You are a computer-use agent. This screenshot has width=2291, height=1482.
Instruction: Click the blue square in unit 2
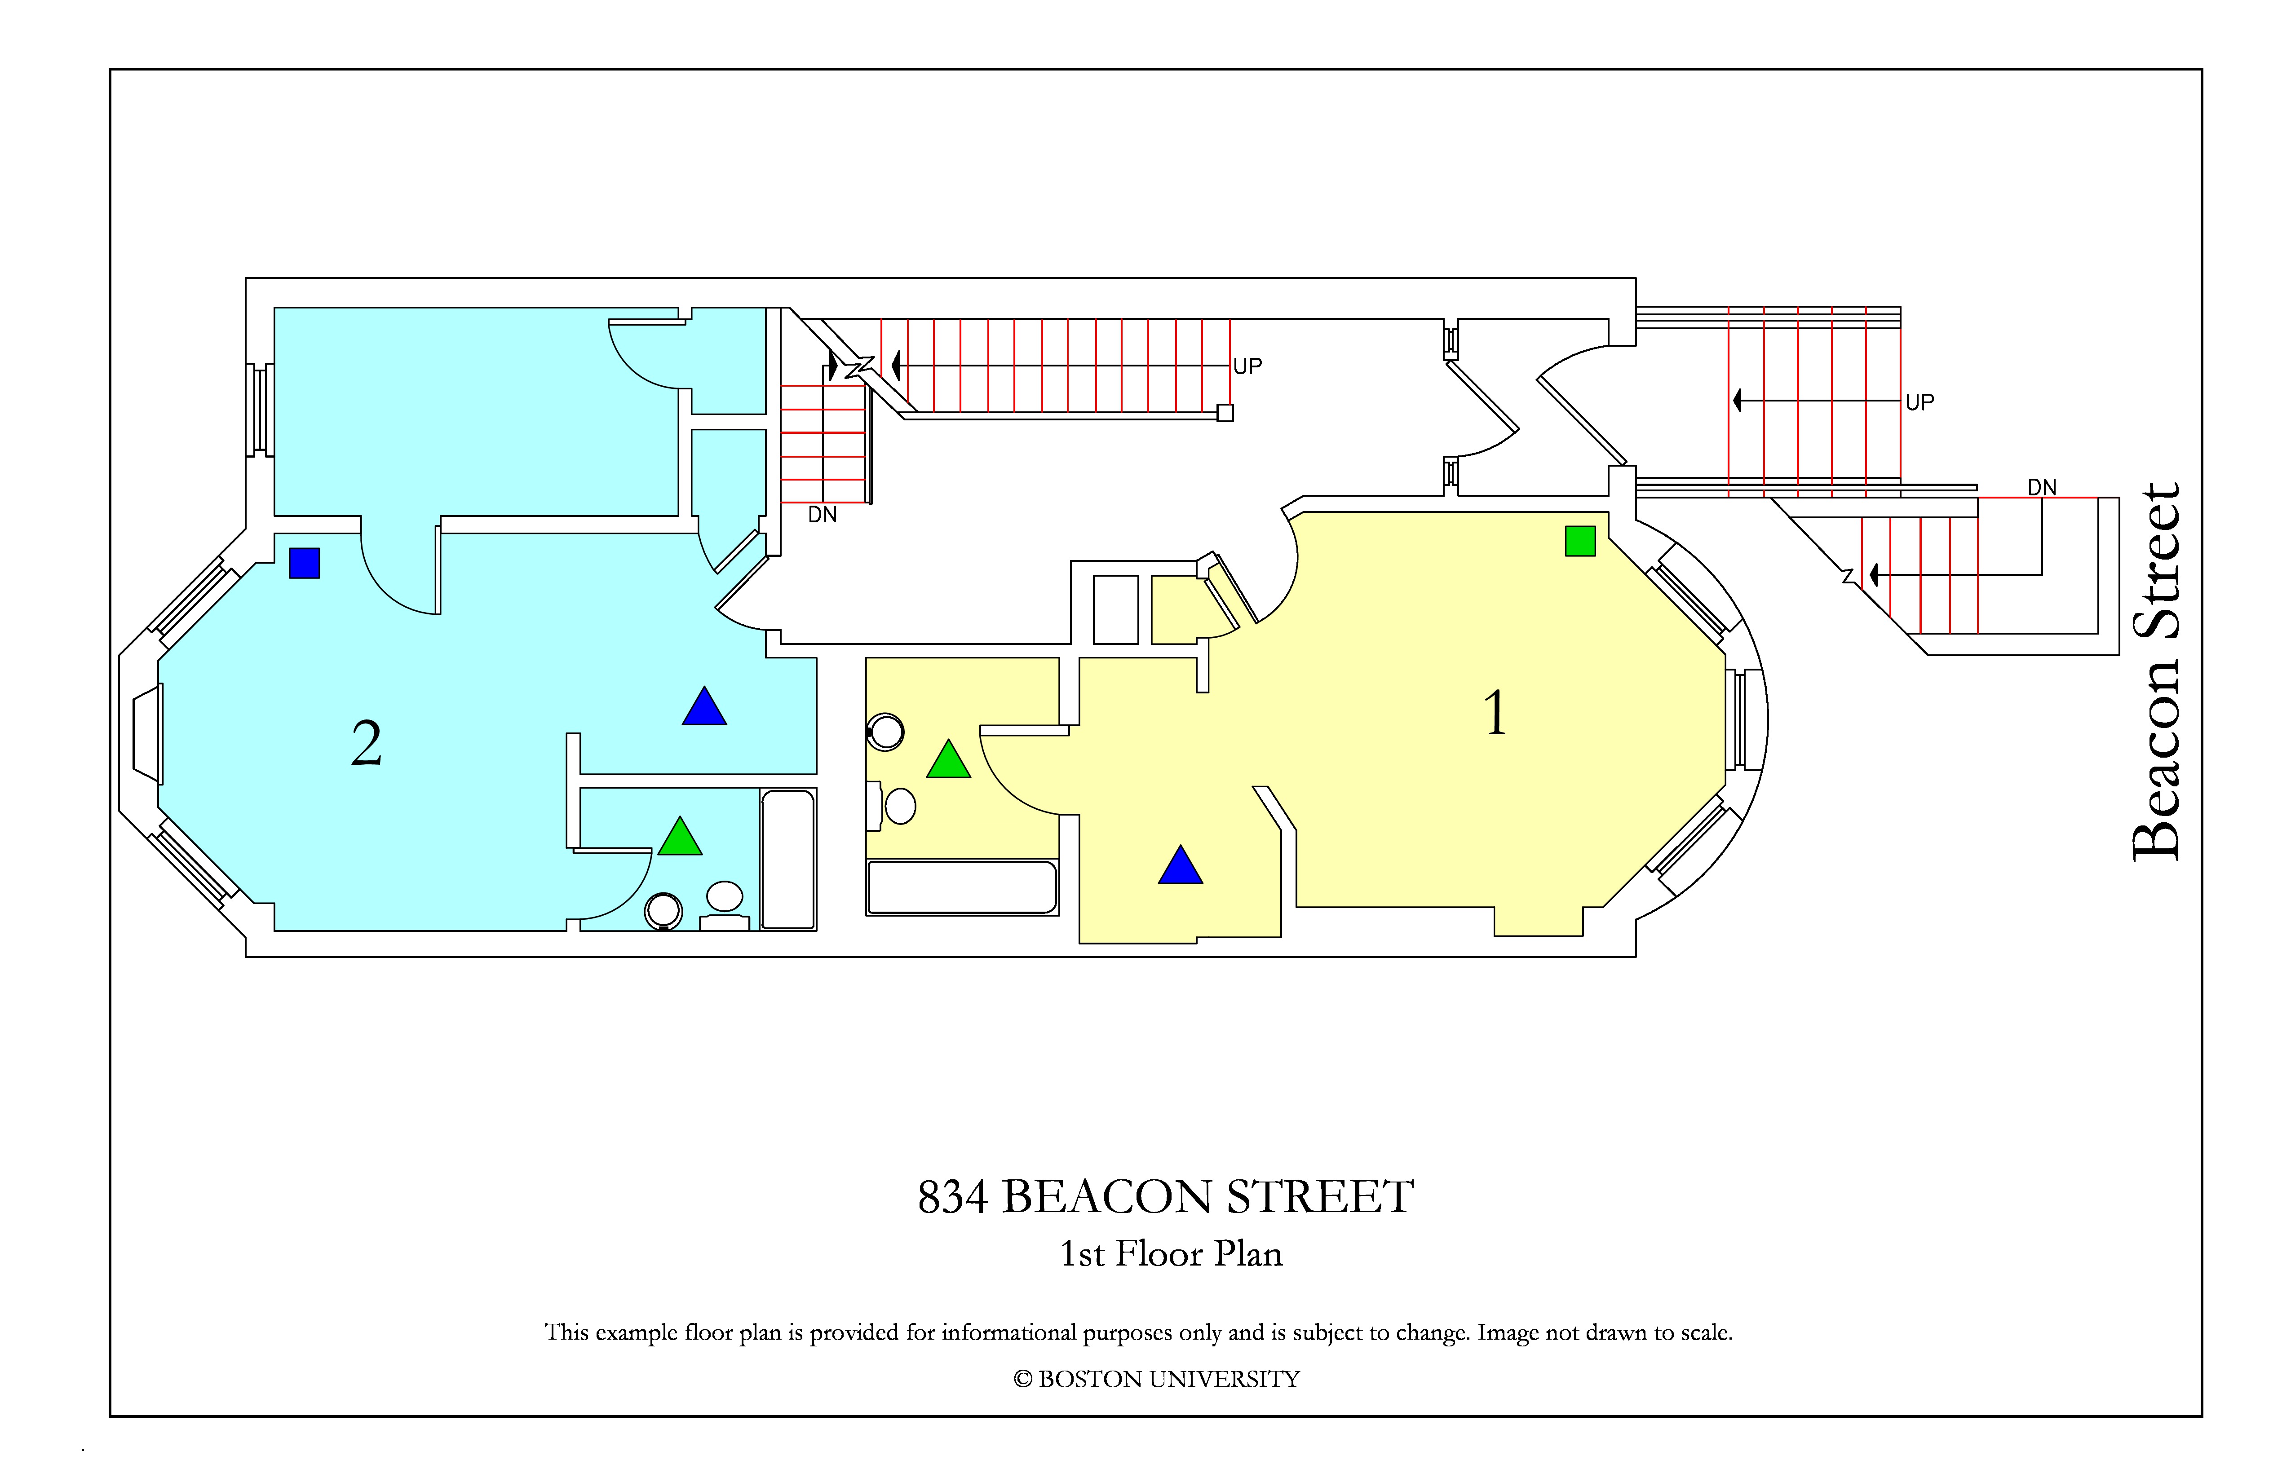(x=304, y=563)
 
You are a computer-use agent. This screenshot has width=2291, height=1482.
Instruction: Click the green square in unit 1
(x=1581, y=541)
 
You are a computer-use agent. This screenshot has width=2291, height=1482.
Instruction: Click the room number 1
(x=1495, y=713)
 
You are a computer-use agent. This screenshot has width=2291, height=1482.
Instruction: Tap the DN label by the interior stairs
(x=822, y=515)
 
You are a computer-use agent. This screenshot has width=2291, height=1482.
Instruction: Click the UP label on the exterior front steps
(x=1919, y=402)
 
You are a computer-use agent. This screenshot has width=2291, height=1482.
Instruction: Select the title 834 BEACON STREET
(x=1166, y=1196)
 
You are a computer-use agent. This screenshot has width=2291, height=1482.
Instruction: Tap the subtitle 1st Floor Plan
(x=1172, y=1254)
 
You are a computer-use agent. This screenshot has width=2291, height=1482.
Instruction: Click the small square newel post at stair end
(x=1225, y=413)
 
